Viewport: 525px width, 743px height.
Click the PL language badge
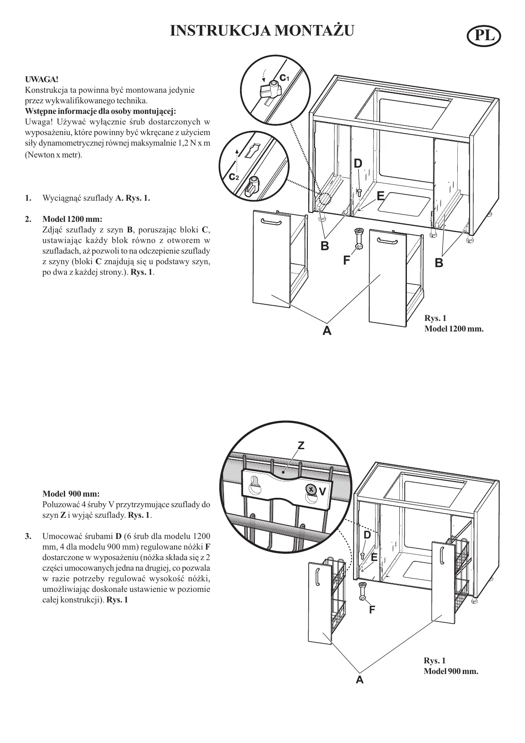[x=484, y=36]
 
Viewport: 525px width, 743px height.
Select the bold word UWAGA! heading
[x=41, y=79]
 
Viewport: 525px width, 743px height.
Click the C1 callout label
[x=284, y=77]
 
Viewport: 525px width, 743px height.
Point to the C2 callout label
[x=234, y=177]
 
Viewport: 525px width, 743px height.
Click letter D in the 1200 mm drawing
[x=358, y=163]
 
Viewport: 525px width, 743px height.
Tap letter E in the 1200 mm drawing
[x=380, y=196]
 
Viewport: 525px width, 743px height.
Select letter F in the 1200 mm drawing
[x=347, y=260]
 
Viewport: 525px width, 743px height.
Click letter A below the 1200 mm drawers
[x=326, y=331]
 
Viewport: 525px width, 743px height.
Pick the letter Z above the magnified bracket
[x=301, y=445]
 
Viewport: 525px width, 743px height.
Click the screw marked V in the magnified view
[x=311, y=489]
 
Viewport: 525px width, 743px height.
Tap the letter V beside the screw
[x=322, y=492]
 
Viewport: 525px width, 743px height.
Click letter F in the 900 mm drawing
[x=372, y=610]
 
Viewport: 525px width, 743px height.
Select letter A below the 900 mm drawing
[x=359, y=680]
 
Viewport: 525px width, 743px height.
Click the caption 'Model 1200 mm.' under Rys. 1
[x=453, y=329]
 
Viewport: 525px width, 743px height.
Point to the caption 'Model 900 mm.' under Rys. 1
[x=451, y=671]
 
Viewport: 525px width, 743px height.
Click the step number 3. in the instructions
[x=28, y=537]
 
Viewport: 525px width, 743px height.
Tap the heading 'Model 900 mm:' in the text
[x=71, y=494]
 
